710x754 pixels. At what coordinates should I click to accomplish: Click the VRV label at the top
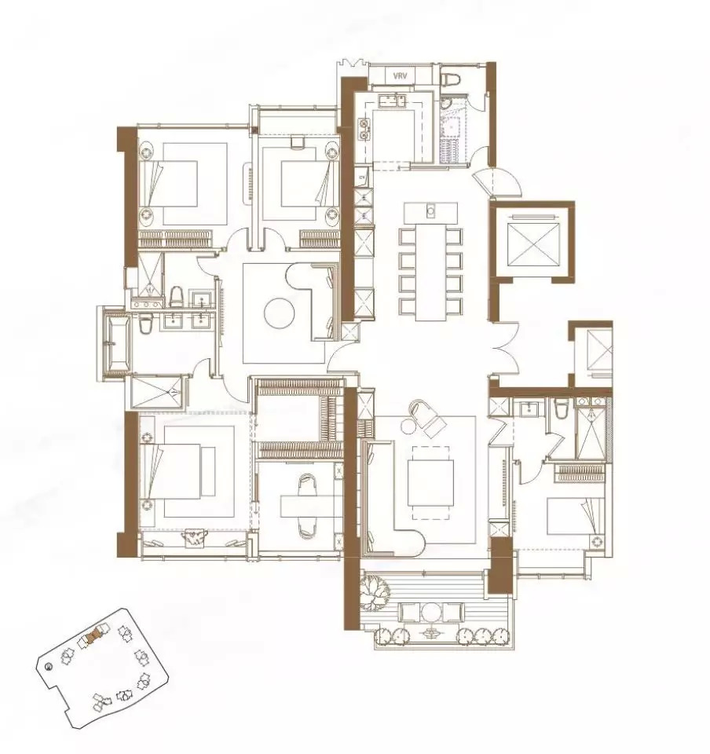[x=400, y=75]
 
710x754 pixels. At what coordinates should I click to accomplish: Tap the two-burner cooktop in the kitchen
[x=365, y=129]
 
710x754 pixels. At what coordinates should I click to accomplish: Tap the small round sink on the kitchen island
[x=431, y=210]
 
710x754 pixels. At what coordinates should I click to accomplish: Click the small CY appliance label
[x=362, y=177]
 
